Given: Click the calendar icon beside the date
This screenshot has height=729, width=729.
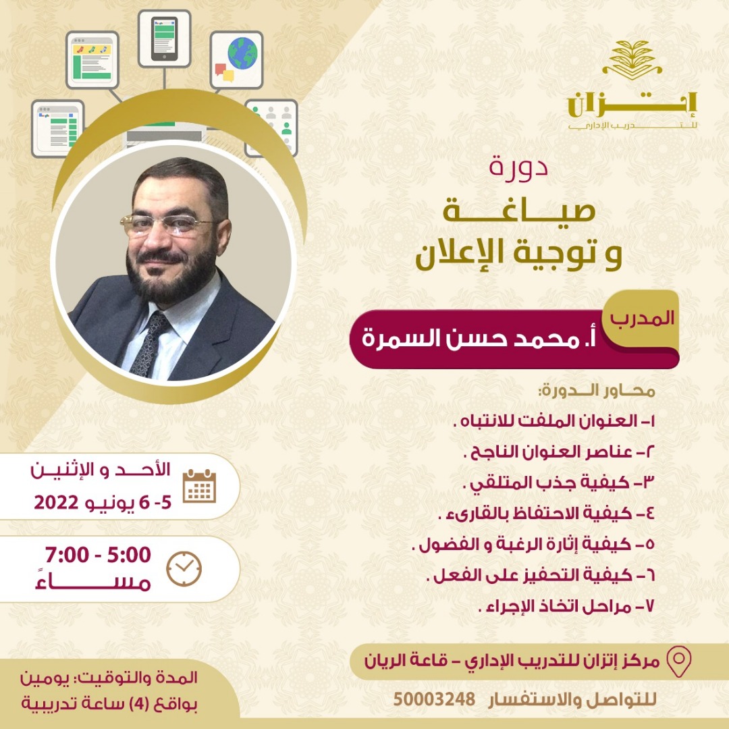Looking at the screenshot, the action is pyautogui.click(x=199, y=486).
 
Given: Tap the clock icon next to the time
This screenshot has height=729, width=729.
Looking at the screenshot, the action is pyautogui.click(x=184, y=568).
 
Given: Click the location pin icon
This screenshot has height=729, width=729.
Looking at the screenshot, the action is pyautogui.click(x=679, y=661).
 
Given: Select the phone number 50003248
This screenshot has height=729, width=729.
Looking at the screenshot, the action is pyautogui.click(x=434, y=699).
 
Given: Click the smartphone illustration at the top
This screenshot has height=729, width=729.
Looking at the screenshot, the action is pyautogui.click(x=164, y=39).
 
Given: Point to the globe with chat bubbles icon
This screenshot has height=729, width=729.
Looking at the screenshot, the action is pyautogui.click(x=237, y=60).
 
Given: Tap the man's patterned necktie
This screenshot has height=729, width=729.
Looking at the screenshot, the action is pyautogui.click(x=150, y=344).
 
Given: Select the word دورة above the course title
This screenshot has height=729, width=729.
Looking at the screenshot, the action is pyautogui.click(x=518, y=167).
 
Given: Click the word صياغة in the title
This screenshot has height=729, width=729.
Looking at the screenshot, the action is pyautogui.click(x=518, y=211).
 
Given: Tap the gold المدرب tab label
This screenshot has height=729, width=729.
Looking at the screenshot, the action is pyautogui.click(x=642, y=319).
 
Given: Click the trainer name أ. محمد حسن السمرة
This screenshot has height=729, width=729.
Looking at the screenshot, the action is pyautogui.click(x=479, y=338).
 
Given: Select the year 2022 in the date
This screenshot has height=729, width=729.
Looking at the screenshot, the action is pyautogui.click(x=56, y=503).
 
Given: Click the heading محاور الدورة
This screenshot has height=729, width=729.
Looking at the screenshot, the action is pyautogui.click(x=597, y=391).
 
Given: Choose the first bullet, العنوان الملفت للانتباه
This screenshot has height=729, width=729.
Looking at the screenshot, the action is pyautogui.click(x=553, y=421).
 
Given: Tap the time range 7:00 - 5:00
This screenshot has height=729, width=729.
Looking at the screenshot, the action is pyautogui.click(x=98, y=555).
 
